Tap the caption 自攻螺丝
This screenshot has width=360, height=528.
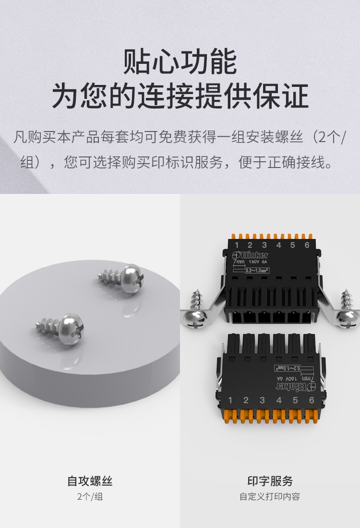pos(90,481)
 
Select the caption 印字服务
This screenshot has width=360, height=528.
pos(270,481)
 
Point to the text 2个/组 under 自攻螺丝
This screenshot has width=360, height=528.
pos(90,497)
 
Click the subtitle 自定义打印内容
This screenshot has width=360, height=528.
pos(270,497)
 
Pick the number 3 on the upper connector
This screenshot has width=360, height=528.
pos(264,246)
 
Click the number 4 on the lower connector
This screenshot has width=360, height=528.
pos(278,400)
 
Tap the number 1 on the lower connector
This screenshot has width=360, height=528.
pos(230,400)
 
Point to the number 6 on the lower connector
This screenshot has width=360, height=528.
pos(312,400)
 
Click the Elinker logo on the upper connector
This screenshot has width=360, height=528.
pos(250,255)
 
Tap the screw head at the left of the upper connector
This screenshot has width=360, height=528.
pos(197,318)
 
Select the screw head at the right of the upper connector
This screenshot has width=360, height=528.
pos(348,318)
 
